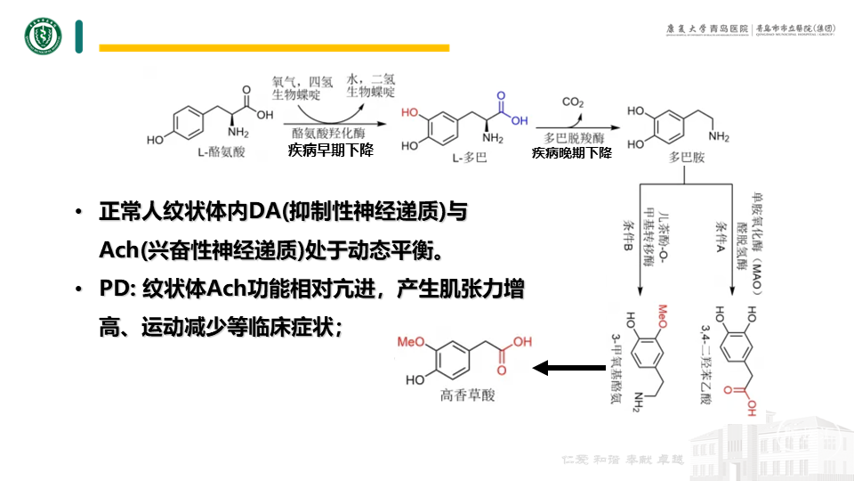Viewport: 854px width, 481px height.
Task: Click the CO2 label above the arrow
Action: click(573, 102)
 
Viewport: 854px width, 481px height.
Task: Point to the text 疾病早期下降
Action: click(330, 151)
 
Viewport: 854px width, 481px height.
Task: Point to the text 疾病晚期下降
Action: click(572, 153)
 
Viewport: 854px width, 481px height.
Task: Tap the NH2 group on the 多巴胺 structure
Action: click(718, 136)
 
